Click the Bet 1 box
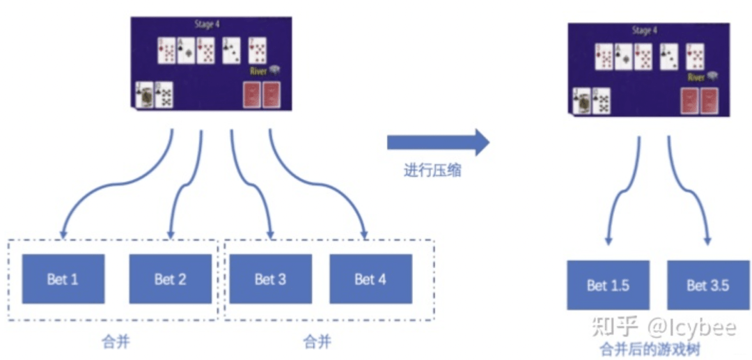pos(63,279)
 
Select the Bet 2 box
pos(171,279)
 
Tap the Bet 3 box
pos(270,279)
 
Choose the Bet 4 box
pos(370,279)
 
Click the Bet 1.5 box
pos(608,285)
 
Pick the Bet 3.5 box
pos(708,285)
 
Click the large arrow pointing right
pos(439,142)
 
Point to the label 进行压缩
pos(432,171)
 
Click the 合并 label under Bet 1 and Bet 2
pos(116,341)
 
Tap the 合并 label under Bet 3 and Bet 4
pos(317,341)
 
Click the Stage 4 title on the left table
pos(207,24)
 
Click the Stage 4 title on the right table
pos(645,31)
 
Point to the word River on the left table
pos(258,71)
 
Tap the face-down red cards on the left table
pos(261,95)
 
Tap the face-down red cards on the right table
pos(699,101)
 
